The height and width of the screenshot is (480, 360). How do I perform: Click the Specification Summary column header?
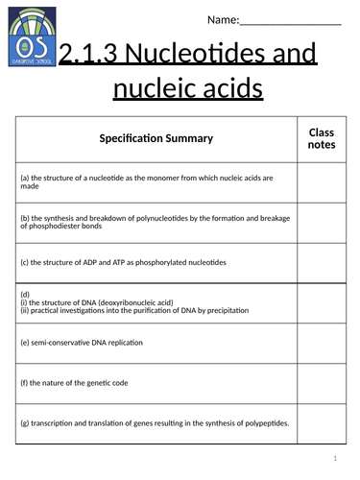tap(156, 139)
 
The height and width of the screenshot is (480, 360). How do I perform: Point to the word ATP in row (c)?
tap(117, 260)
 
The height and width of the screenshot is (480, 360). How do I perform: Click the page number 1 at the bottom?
tap(336, 458)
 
